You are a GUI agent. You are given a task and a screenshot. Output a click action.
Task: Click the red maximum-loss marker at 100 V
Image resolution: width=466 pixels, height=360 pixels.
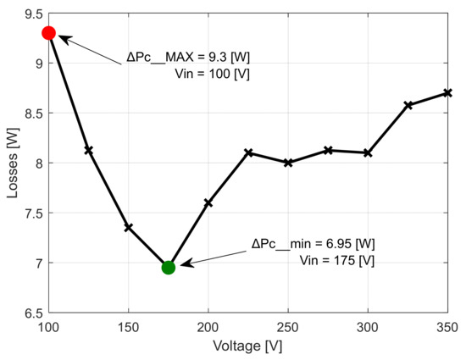48,33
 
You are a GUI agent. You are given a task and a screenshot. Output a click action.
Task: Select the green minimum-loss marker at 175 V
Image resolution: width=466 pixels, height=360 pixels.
168,268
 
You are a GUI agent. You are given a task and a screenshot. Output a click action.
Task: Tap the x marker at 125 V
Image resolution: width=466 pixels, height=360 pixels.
88,150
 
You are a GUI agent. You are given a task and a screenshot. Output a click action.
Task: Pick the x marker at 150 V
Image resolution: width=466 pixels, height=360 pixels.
128,227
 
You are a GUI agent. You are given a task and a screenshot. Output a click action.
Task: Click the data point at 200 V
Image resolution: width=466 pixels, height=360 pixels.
208,202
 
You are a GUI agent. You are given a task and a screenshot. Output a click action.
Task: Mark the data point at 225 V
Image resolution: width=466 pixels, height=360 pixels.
248,152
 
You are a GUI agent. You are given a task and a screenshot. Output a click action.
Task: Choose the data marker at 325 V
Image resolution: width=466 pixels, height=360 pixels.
408,105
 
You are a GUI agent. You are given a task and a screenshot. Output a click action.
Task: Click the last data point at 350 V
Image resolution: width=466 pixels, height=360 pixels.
448,92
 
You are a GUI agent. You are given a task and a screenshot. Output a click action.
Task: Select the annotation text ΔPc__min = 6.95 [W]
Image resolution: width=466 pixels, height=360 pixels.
313,244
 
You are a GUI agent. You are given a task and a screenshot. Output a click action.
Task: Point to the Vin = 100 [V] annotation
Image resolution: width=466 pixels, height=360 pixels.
217,75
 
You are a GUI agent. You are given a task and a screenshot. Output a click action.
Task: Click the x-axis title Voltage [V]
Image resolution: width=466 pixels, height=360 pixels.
247,347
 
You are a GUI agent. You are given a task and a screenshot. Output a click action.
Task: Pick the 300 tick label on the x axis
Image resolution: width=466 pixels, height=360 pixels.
368,328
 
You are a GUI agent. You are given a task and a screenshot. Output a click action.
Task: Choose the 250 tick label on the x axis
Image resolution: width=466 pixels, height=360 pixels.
288,328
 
